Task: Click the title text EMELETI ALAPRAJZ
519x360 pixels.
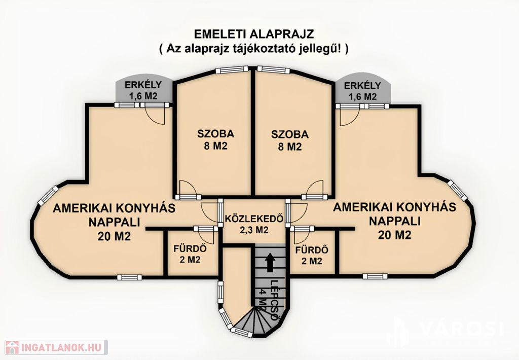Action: (x=253, y=34)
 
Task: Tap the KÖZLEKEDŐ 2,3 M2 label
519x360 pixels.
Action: (x=254, y=224)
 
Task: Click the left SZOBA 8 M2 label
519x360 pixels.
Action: (x=215, y=140)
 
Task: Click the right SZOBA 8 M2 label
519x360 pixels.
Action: (x=289, y=140)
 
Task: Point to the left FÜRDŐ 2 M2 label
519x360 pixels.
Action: (x=191, y=254)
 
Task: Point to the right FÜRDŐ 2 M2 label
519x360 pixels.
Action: (x=312, y=255)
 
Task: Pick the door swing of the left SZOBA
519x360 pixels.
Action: (x=188, y=188)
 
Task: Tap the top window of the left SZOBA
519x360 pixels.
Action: (x=232, y=70)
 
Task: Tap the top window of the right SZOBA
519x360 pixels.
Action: (x=274, y=70)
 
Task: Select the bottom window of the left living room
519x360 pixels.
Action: (x=129, y=277)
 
